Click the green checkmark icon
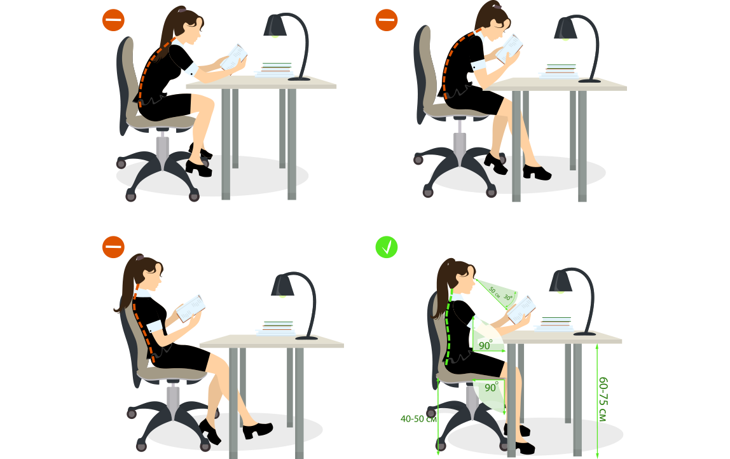pos(387,247)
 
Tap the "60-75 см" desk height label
pos(603,399)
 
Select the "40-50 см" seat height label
pos(418,419)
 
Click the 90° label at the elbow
pos(485,345)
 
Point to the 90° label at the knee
pos(491,387)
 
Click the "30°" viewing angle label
pos(508,297)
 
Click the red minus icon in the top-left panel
pos(113,20)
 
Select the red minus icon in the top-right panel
pos(387,20)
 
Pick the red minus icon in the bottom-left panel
pos(113,247)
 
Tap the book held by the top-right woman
pos(509,48)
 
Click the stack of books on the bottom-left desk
pos(277,328)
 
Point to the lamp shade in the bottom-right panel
pos(561,281)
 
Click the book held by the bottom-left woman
pos(190,308)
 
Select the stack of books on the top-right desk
pos(560,71)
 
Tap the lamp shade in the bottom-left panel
pos(282,285)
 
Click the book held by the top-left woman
pos(233,57)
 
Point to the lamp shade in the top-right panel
pos(565,29)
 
